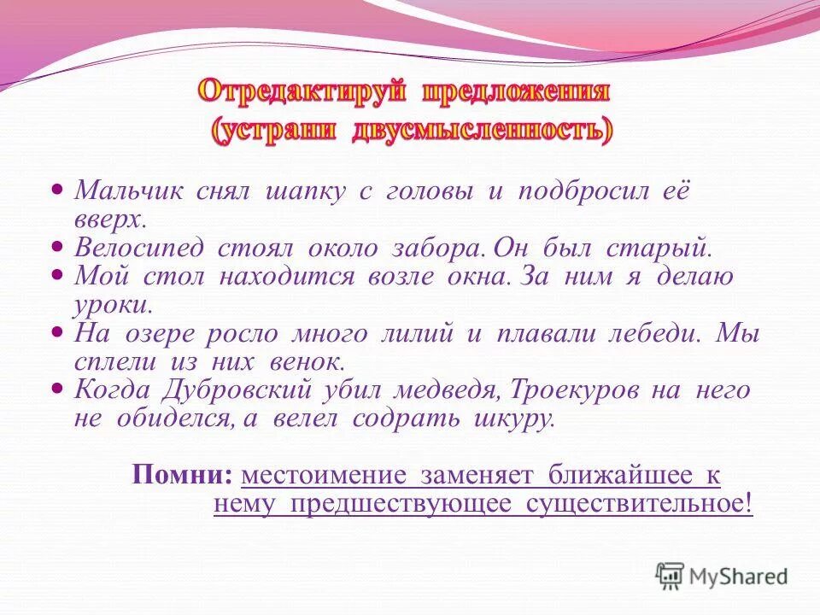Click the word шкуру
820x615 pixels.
[x=516, y=419]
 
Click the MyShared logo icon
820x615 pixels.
[x=671, y=577]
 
